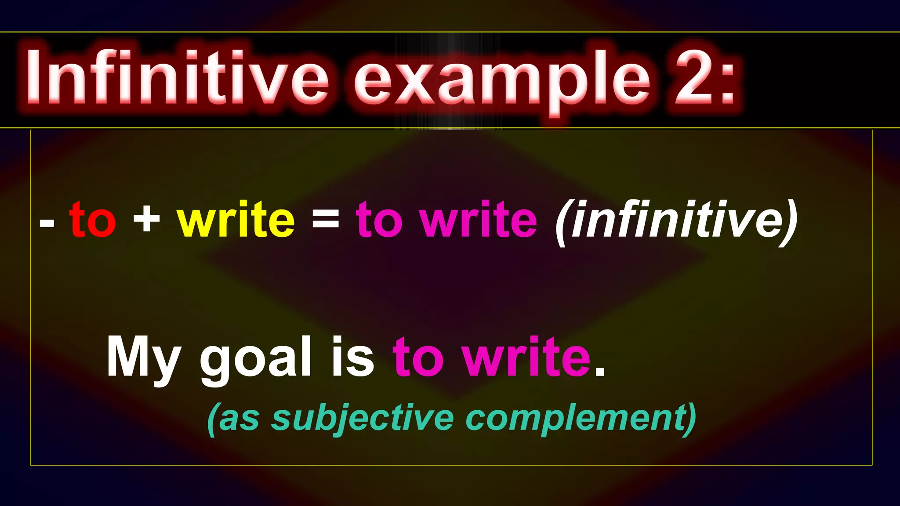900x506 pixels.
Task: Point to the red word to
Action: [x=93, y=220]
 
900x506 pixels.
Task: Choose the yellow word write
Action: [x=236, y=220]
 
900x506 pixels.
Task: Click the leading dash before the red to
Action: [x=47, y=223]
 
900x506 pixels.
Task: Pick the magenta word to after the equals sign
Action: [x=379, y=220]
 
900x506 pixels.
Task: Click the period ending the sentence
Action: [x=600, y=373]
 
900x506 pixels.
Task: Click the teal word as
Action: [x=239, y=419]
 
